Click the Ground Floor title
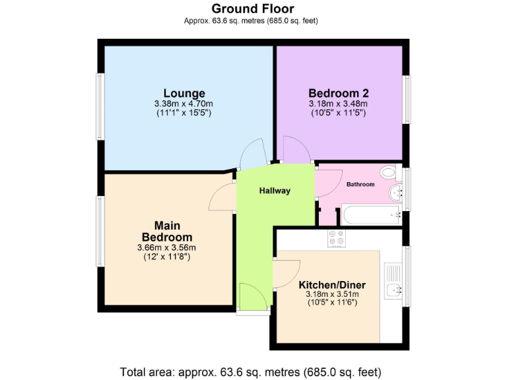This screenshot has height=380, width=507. click(253, 9)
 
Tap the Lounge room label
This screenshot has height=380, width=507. click(184, 93)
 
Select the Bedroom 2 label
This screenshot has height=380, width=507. click(338, 93)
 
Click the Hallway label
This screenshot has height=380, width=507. click(275, 191)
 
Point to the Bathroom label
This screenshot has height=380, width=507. click(360, 185)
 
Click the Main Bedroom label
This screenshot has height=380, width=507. click(167, 232)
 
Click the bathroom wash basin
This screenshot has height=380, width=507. click(397, 193)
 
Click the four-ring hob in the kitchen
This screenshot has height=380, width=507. click(336, 239)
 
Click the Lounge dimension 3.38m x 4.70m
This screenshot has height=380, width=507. click(184, 104)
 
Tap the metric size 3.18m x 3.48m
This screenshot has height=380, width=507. click(338, 104)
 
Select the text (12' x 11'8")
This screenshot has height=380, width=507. click(167, 257)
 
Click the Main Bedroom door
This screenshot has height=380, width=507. click(223, 196)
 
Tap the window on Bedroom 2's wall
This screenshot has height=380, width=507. click(407, 98)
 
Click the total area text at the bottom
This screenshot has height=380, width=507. click(250, 371)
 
